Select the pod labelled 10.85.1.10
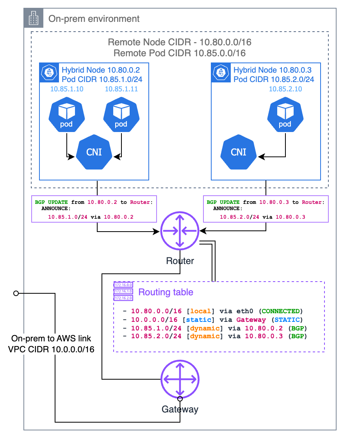point(67,113)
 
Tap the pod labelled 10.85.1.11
point(121,113)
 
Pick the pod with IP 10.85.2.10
point(285,113)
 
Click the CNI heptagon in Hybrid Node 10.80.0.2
point(94,152)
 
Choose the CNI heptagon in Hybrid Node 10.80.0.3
point(239,152)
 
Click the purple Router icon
point(180,232)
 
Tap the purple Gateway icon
point(180,379)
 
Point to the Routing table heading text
point(166,292)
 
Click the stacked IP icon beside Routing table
point(123,291)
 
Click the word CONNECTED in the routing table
point(281,311)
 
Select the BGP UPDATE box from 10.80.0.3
point(266,209)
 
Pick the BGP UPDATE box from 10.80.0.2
point(94,209)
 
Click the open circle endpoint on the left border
point(16,293)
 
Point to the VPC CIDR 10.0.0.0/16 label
point(51,349)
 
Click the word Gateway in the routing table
point(251,319)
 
